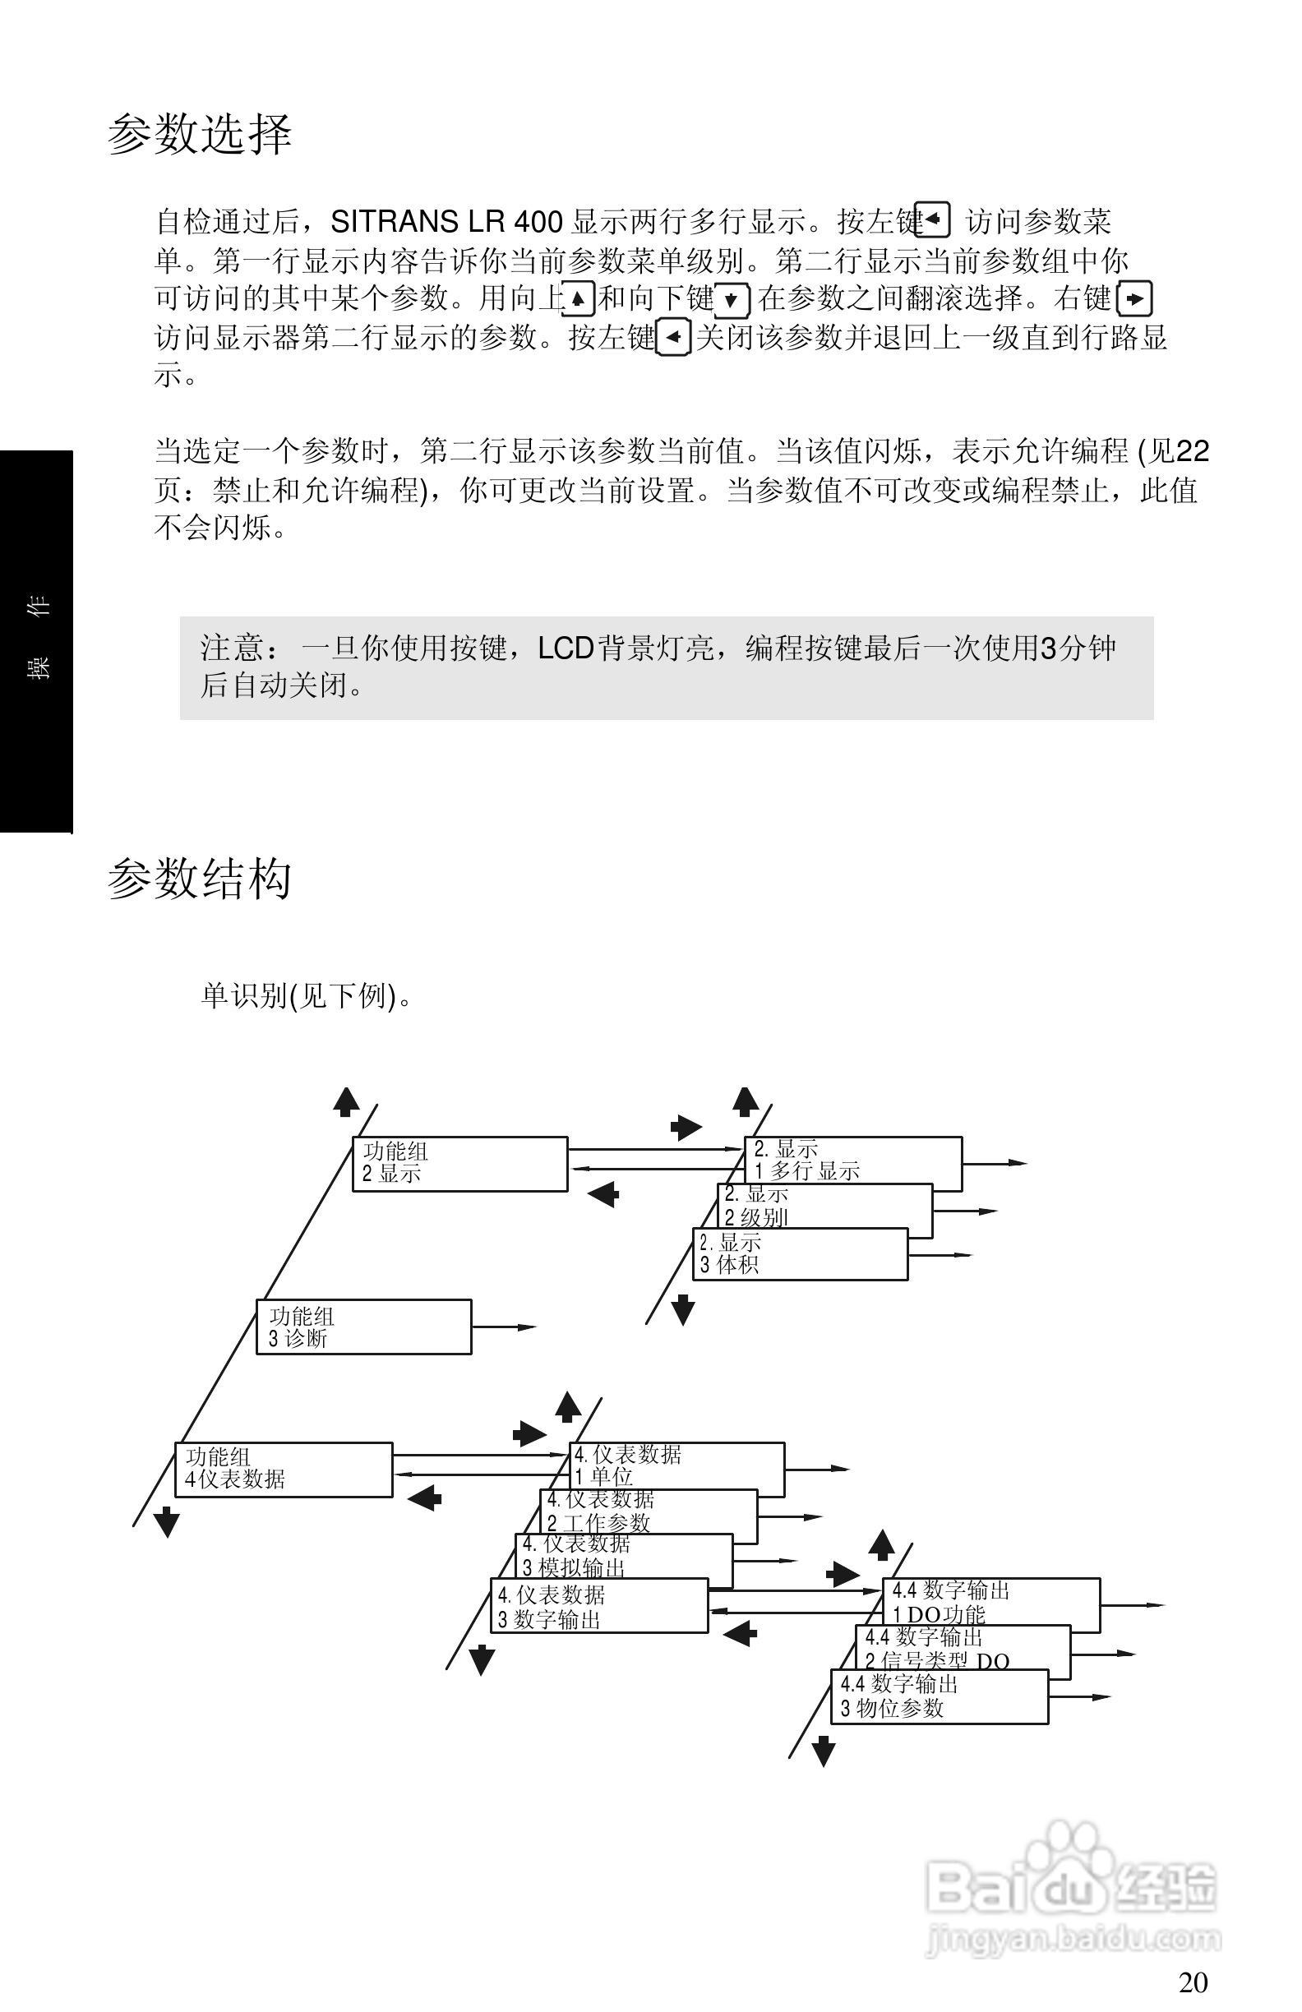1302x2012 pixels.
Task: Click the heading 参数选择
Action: pyautogui.click(x=200, y=135)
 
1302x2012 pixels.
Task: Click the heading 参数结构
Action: pyautogui.click(x=200, y=879)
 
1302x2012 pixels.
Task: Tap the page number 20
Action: pyautogui.click(x=1193, y=1982)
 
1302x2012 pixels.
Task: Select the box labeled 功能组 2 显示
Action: pyautogui.click(x=459, y=1163)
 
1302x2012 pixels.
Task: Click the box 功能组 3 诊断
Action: pyautogui.click(x=363, y=1327)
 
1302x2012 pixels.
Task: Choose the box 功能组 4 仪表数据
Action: pyautogui.click(x=284, y=1470)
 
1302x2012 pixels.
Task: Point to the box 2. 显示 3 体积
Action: pyautogui.click(x=800, y=1254)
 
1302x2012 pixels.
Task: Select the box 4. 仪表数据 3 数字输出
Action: pyautogui.click(x=598, y=1605)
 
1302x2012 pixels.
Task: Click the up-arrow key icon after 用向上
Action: pyautogui.click(x=579, y=298)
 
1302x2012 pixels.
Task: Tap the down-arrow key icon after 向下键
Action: pyautogui.click(x=732, y=299)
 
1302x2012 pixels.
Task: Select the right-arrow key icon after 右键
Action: pyautogui.click(x=1134, y=299)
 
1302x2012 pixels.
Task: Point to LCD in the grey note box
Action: pyautogui.click(x=566, y=648)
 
